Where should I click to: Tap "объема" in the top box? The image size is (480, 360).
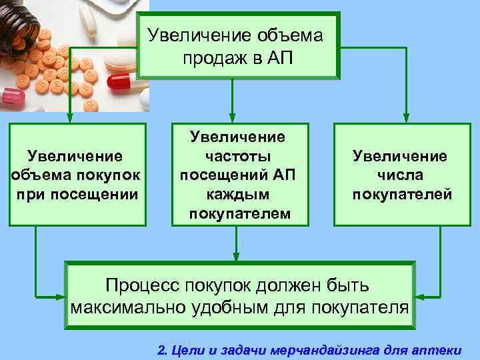tap(290, 34)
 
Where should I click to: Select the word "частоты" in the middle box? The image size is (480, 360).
tap(239, 156)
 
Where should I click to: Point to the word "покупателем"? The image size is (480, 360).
tap(239, 213)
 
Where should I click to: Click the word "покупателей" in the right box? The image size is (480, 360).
tap(402, 194)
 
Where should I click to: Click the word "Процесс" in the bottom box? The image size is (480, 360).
tap(141, 285)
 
